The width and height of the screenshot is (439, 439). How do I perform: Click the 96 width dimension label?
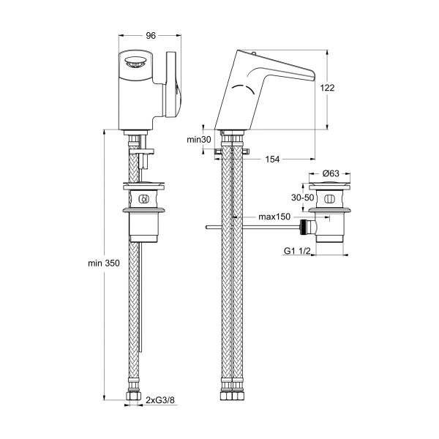(151, 36)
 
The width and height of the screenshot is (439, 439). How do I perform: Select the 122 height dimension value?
(327, 88)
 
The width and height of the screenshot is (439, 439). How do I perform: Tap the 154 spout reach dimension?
(272, 160)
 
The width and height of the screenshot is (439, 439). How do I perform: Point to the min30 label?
(199, 140)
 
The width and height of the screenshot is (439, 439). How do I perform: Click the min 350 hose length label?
(104, 263)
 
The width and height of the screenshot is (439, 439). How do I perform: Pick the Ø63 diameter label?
(331, 173)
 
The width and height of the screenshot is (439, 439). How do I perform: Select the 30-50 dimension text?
(303, 198)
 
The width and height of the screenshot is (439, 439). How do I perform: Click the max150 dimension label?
(274, 217)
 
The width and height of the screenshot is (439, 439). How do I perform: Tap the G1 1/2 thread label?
(297, 251)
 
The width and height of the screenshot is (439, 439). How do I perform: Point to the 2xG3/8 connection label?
(160, 400)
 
